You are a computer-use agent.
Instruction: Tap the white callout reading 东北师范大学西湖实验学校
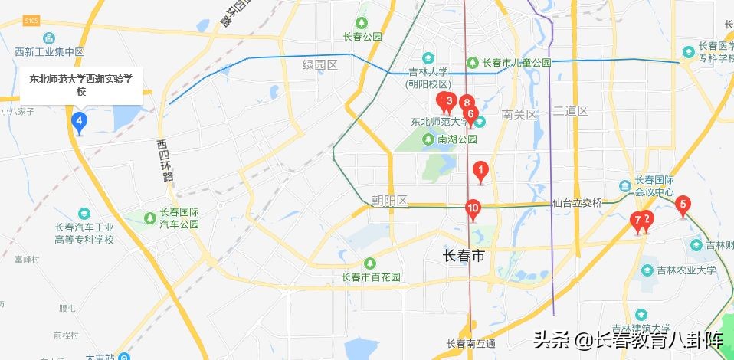pyautogui.click(x=80, y=85)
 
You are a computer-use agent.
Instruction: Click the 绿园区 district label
pyautogui.click(x=320, y=65)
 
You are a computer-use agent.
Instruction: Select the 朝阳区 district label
pyautogui.click(x=389, y=201)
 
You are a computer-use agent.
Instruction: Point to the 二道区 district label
pyautogui.click(x=570, y=111)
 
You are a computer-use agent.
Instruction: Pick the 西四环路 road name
pyautogui.click(x=163, y=160)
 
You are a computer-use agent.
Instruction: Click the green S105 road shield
pyautogui.click(x=31, y=20)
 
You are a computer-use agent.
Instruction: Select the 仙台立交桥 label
pyautogui.click(x=578, y=203)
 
